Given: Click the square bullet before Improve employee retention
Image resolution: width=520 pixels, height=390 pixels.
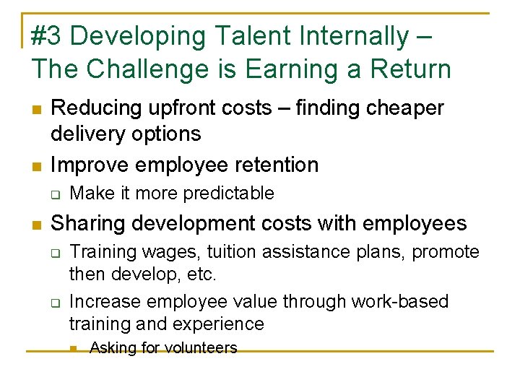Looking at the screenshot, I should click(36, 165).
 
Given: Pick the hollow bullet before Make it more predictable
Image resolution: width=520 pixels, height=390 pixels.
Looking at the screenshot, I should click(55, 194).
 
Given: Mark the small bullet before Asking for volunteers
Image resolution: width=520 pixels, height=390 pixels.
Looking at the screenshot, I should click(74, 348).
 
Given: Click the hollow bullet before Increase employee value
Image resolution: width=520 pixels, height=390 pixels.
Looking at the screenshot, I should click(55, 301).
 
